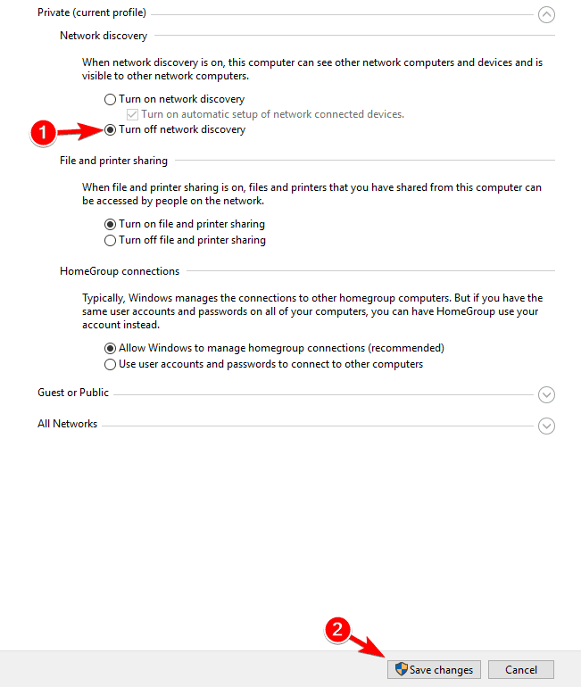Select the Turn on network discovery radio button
tap(111, 100)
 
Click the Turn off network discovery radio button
tap(111, 129)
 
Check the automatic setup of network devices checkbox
tap(133, 114)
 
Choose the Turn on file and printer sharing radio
tap(111, 224)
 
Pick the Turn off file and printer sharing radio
tap(111, 240)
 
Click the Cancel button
tap(521, 669)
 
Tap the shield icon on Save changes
tap(402, 669)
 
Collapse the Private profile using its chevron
tap(547, 14)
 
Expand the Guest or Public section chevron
tap(547, 394)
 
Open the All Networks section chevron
tap(547, 426)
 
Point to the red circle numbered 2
tap(336, 630)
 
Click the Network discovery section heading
tap(104, 36)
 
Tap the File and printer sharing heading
tap(113, 161)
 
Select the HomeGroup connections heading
tap(120, 271)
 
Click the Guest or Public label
tap(73, 393)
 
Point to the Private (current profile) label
tap(92, 13)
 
